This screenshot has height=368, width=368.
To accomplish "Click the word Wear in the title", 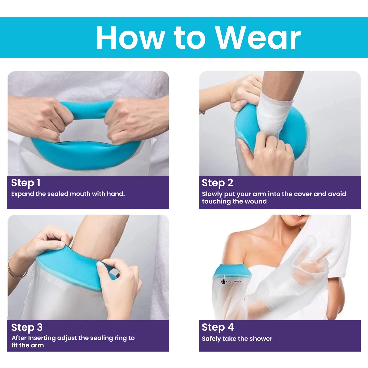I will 258,38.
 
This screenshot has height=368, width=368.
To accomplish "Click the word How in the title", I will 130,38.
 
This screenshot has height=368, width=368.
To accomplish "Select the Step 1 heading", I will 26,183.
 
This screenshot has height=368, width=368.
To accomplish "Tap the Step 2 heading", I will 217,183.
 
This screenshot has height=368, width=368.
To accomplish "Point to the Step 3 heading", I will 27,327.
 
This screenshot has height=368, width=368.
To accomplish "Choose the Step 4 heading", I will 217,327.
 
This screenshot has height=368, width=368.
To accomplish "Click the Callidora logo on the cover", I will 231,281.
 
